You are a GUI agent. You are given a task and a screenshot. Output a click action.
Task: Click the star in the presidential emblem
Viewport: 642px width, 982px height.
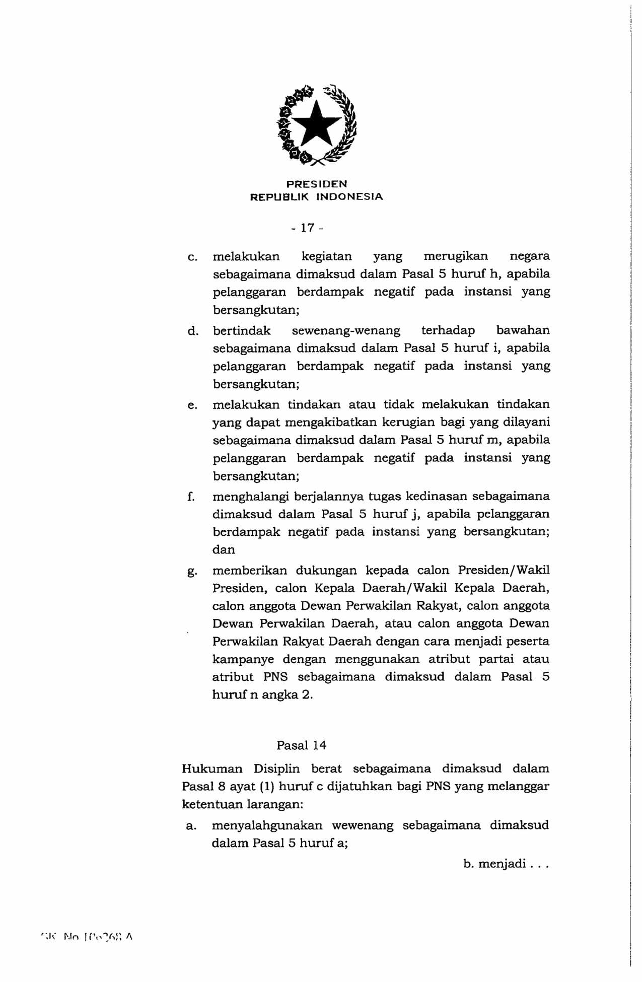[x=317, y=122]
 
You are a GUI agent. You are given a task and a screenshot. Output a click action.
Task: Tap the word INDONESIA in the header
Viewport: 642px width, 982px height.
[x=349, y=197]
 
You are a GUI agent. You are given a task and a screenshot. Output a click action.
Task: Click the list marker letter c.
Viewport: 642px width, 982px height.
[x=191, y=257]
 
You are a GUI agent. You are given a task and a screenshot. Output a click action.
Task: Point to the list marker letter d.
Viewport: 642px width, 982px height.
[x=192, y=331]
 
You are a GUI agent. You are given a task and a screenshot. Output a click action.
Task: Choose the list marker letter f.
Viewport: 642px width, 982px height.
[x=191, y=497]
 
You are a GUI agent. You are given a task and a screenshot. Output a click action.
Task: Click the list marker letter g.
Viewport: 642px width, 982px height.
[x=191, y=572]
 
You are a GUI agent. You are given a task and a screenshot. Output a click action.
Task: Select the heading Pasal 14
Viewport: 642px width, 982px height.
[x=301, y=745]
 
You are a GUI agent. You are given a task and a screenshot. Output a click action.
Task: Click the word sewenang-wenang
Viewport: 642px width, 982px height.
[x=346, y=331]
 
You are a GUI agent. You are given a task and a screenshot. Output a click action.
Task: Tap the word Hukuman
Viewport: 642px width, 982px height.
[x=212, y=769]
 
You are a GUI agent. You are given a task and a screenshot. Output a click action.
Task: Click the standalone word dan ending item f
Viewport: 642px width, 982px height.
[x=224, y=550]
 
